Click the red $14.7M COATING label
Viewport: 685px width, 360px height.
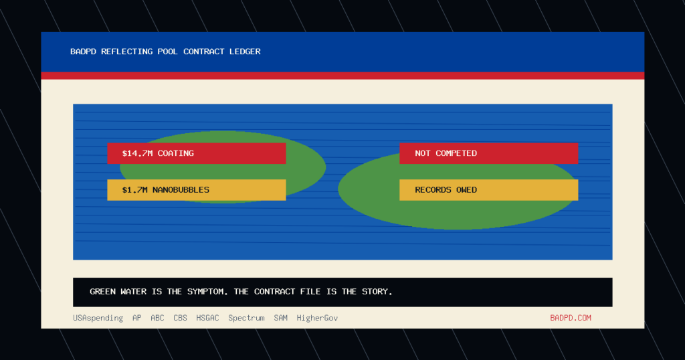(197, 153)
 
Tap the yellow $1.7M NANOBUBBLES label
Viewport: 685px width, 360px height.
(197, 190)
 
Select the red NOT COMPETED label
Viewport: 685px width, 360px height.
(489, 153)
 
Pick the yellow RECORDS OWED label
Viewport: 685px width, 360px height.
(489, 190)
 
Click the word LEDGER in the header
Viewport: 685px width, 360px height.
(245, 52)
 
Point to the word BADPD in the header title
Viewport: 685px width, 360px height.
(83, 52)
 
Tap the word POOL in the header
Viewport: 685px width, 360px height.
(168, 52)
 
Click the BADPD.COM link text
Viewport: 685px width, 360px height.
(571, 318)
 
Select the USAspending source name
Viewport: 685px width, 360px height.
(98, 318)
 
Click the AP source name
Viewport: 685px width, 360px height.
(136, 318)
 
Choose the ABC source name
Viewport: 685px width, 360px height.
(157, 318)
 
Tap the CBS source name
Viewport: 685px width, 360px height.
(180, 318)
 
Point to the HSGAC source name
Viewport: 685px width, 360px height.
(207, 318)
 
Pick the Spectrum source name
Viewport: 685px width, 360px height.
(246, 318)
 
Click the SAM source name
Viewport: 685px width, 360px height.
(280, 318)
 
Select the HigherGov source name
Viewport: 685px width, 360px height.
(317, 318)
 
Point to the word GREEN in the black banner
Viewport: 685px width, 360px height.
(102, 291)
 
